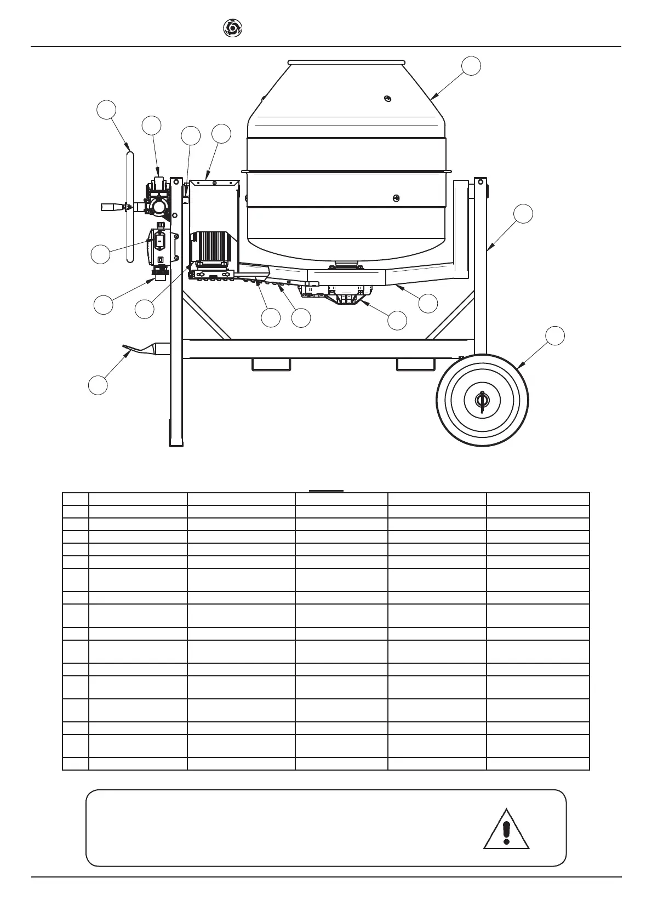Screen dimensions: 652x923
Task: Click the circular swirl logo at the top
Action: click(x=232, y=28)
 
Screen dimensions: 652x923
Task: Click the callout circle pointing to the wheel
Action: click(x=555, y=335)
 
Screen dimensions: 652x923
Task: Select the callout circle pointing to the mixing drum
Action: click(x=471, y=66)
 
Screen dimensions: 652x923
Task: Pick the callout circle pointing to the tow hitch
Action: click(x=98, y=384)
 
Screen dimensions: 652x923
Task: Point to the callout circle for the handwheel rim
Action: click(x=106, y=109)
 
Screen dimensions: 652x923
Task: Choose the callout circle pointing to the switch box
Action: click(x=100, y=254)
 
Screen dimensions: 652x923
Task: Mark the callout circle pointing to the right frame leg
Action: click(x=524, y=214)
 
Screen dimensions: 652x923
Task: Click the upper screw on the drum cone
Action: click(x=387, y=98)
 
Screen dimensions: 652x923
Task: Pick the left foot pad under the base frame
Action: click(x=270, y=364)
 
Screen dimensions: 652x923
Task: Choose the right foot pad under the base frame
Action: click(x=415, y=364)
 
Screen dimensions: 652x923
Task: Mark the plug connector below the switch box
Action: click(x=160, y=272)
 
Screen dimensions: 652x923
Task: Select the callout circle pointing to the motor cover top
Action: click(x=221, y=134)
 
